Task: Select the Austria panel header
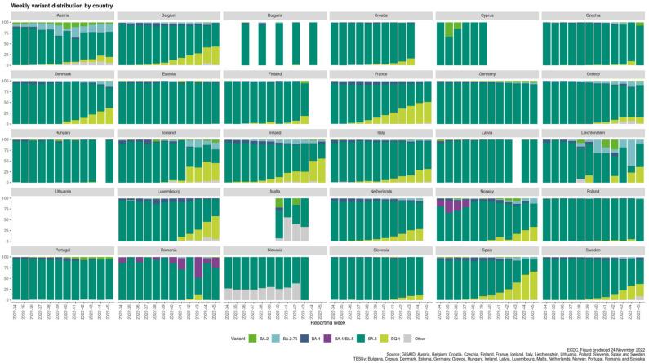(x=62, y=15)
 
